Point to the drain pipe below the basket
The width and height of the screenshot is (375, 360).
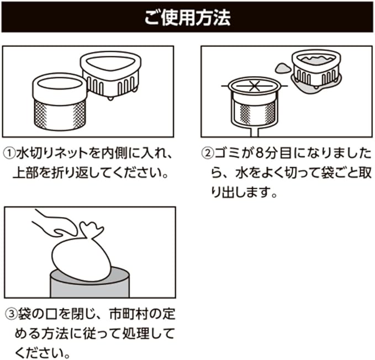255,131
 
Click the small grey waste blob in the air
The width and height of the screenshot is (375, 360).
281,68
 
